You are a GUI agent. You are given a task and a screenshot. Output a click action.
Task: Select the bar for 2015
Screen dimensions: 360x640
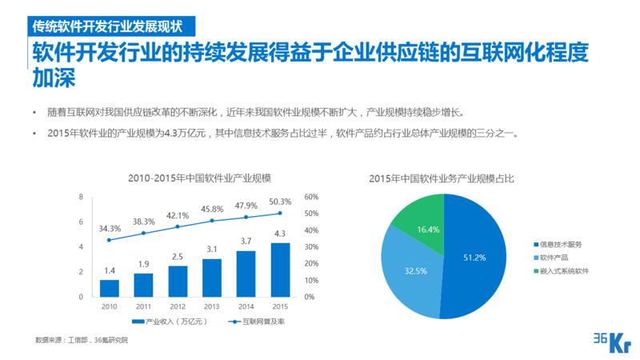click(x=280, y=270)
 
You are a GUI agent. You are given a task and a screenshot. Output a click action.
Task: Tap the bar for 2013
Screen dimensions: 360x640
click(x=212, y=278)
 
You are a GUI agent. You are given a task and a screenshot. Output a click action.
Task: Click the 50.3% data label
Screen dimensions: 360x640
click(x=280, y=202)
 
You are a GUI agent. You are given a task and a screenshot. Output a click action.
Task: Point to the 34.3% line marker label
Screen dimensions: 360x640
click(x=110, y=228)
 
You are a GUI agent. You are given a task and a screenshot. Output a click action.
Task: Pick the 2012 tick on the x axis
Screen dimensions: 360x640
click(x=178, y=306)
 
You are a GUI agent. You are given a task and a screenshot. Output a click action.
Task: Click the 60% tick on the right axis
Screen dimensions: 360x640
click(x=312, y=196)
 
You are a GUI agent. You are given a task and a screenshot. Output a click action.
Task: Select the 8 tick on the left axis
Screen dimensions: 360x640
click(x=81, y=196)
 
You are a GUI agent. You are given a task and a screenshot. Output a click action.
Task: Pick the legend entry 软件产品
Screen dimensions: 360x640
click(x=558, y=258)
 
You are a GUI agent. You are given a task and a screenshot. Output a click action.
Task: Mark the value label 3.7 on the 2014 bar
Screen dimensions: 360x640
click(x=246, y=241)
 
